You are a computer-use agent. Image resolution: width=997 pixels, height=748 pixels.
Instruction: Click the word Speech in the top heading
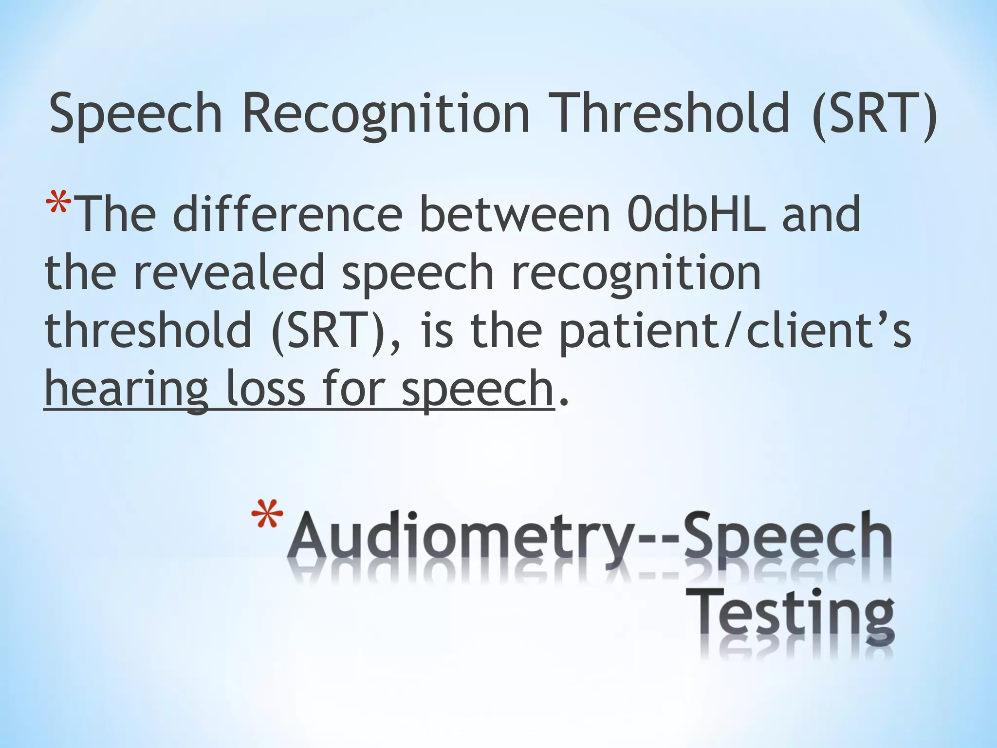[136, 114]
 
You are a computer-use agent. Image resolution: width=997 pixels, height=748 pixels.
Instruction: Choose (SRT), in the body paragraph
[336, 331]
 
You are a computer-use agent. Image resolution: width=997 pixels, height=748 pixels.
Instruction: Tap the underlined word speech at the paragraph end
[477, 390]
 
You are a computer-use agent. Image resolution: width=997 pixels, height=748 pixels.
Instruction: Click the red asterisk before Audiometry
[267, 516]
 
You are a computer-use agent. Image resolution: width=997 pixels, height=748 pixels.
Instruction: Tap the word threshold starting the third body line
[148, 331]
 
